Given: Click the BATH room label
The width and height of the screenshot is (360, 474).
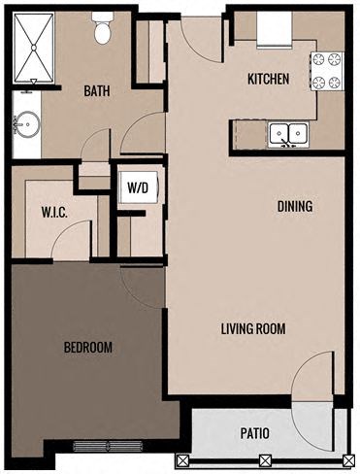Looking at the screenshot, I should [x=96, y=91].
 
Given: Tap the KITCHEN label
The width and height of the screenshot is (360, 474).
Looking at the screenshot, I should [x=268, y=80].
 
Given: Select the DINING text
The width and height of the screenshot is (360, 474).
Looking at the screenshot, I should [x=295, y=206].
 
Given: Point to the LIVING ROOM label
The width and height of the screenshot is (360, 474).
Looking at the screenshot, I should [x=251, y=328].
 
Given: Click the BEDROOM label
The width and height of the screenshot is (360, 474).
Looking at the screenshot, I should [x=87, y=347].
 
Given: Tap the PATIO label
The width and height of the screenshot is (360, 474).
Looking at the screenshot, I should [x=254, y=433].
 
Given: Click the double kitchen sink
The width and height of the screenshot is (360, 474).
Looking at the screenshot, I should [x=288, y=134].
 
